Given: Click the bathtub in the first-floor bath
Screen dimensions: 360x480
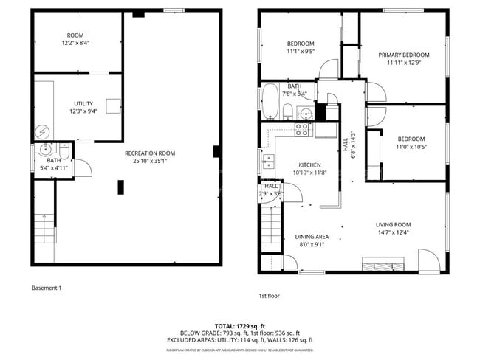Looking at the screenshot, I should coord(270,102).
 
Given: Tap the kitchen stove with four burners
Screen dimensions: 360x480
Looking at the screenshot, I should coord(302,130).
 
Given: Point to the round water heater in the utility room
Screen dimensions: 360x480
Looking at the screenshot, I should coord(42,131).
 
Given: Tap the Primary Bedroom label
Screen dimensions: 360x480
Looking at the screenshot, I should coord(403,55).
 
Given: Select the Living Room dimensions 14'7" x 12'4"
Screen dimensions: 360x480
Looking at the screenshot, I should coord(393,233).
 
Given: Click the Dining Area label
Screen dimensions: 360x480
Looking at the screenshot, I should coord(312,237).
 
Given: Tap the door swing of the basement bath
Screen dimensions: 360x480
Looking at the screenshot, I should coord(83,167).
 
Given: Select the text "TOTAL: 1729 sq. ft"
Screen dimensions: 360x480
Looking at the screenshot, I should coord(239,325).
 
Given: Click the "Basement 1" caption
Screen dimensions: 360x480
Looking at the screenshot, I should coord(47,288).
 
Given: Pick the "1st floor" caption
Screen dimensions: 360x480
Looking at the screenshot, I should coord(268,295).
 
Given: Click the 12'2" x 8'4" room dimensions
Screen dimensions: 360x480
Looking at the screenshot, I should coord(75,44).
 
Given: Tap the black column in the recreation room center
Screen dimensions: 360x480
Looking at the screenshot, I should coord(120,187).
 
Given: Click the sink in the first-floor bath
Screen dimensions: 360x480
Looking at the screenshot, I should coord(304,113).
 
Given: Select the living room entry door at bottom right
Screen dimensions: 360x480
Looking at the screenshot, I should coord(427,260).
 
